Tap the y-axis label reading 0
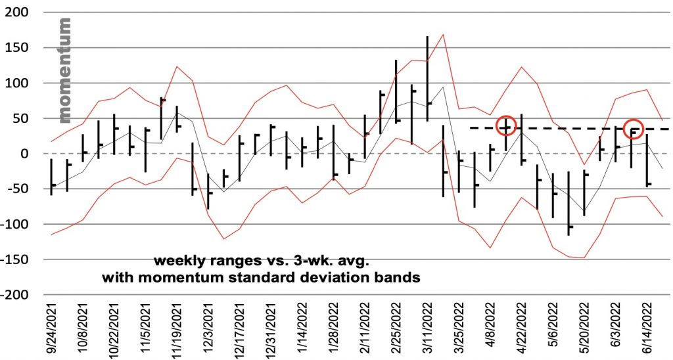tap(26, 154)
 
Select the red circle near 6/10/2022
tap(633, 129)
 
